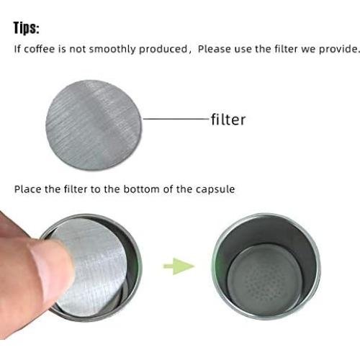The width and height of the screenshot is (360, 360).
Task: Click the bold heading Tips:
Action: tap(27, 29)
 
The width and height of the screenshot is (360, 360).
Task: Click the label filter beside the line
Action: tap(228, 120)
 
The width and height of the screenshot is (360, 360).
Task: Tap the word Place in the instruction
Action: tap(27, 189)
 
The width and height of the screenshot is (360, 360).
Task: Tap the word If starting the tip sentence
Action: tap(18, 50)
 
